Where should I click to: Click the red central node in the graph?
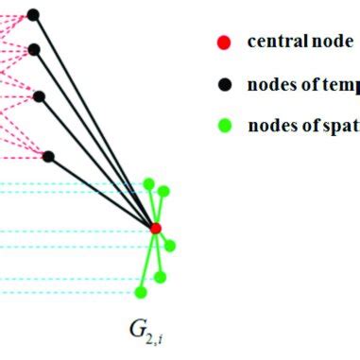[156, 228]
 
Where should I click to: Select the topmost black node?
[33, 14]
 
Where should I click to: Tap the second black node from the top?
[34, 49]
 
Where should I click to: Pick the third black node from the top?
[39, 95]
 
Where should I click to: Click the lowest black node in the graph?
[48, 156]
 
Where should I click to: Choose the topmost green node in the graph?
[148, 182]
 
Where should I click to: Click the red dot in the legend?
[224, 43]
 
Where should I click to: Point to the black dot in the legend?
[224, 84]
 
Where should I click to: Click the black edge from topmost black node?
[94, 121]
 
